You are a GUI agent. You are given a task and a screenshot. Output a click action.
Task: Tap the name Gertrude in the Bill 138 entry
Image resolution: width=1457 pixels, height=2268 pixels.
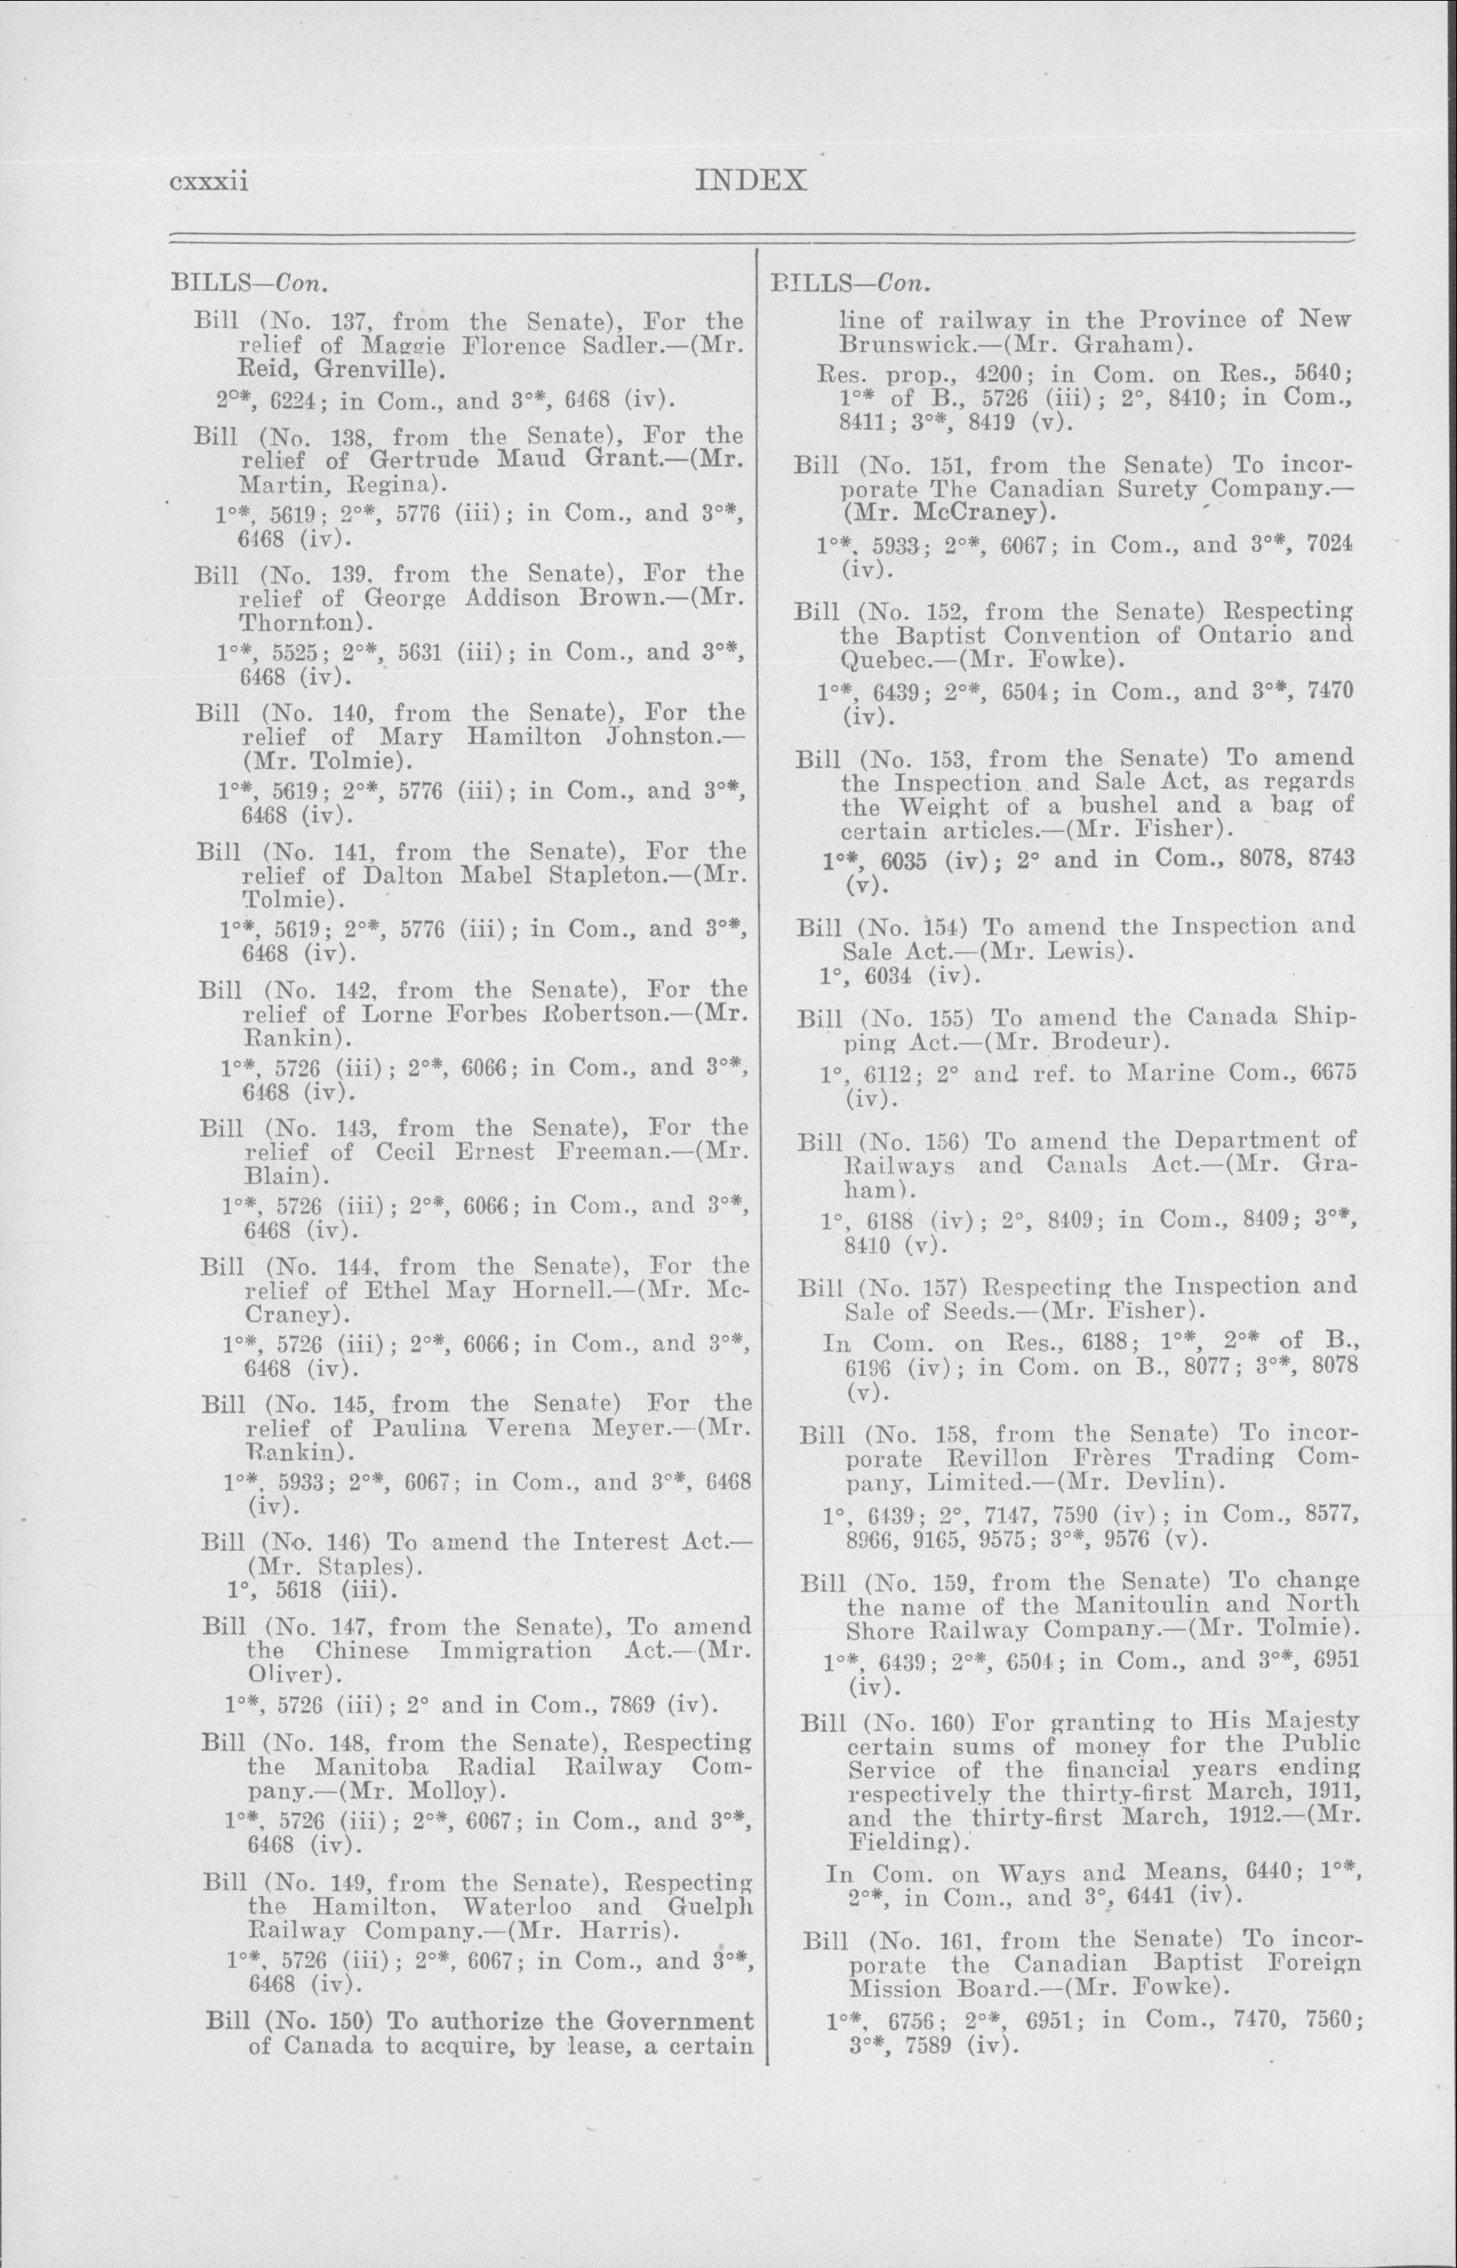click(x=415, y=460)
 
